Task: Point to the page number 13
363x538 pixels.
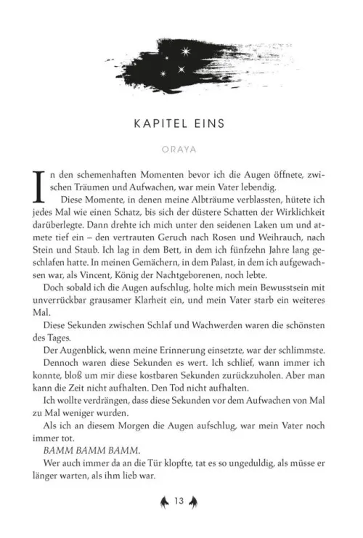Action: pyautogui.click(x=181, y=500)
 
